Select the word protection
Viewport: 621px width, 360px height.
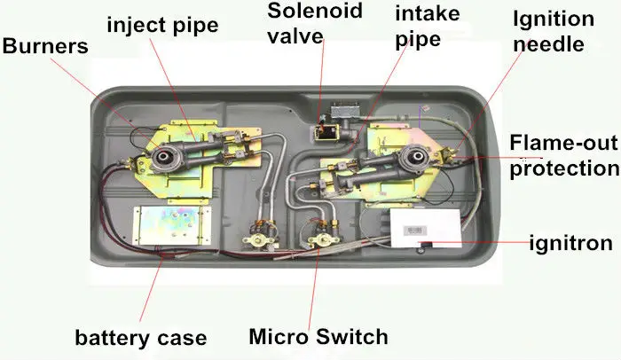563,167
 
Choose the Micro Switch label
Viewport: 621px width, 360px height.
318,336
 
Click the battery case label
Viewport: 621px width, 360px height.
140,337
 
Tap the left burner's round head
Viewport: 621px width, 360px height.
165,160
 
